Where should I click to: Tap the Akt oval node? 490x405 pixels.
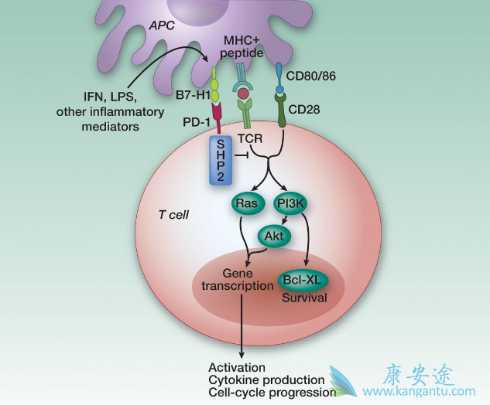(271, 234)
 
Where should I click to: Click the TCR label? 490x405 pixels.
(250, 138)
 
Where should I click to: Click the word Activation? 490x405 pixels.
(237, 367)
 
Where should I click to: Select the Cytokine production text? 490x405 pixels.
(266, 379)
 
